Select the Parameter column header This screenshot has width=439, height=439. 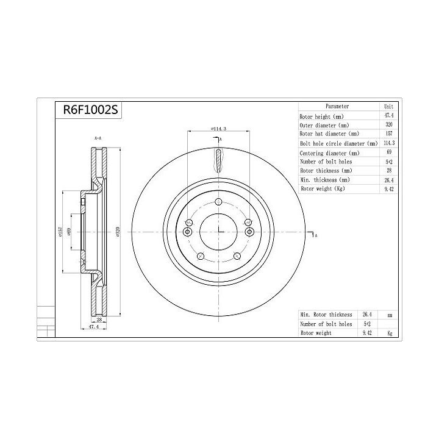[x=337, y=106]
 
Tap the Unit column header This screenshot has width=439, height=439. [x=388, y=106]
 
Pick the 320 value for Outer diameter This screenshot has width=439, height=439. [x=388, y=124]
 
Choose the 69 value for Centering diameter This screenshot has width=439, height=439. [x=388, y=152]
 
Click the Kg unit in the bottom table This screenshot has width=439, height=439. [x=389, y=333]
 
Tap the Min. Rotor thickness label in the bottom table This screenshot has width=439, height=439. [x=326, y=315]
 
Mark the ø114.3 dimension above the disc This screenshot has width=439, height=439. [x=218, y=129]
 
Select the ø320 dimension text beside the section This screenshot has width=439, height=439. [x=117, y=232]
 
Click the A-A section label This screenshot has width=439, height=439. [x=98, y=139]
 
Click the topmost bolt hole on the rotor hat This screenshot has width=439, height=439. [x=218, y=203]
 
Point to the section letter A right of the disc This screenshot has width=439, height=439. [x=316, y=235]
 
